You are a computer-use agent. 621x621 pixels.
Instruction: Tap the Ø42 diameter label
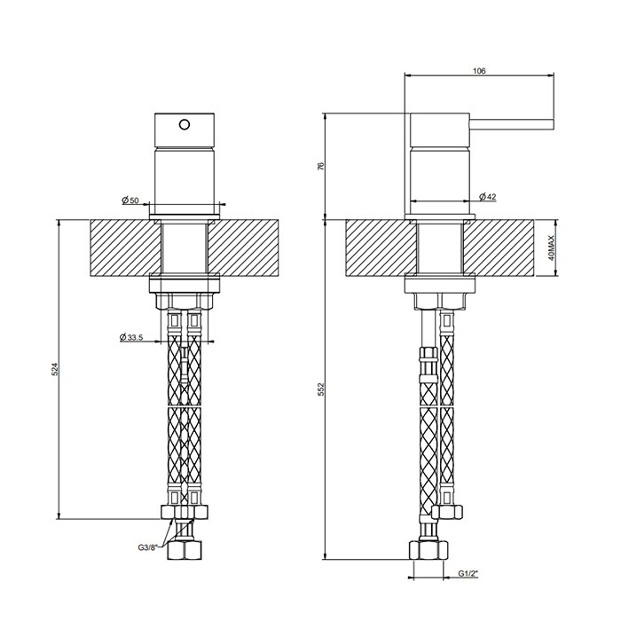[x=486, y=196]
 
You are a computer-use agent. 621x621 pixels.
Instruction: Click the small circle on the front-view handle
[x=185, y=124]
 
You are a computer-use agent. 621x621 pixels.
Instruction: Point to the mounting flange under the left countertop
[x=185, y=287]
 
